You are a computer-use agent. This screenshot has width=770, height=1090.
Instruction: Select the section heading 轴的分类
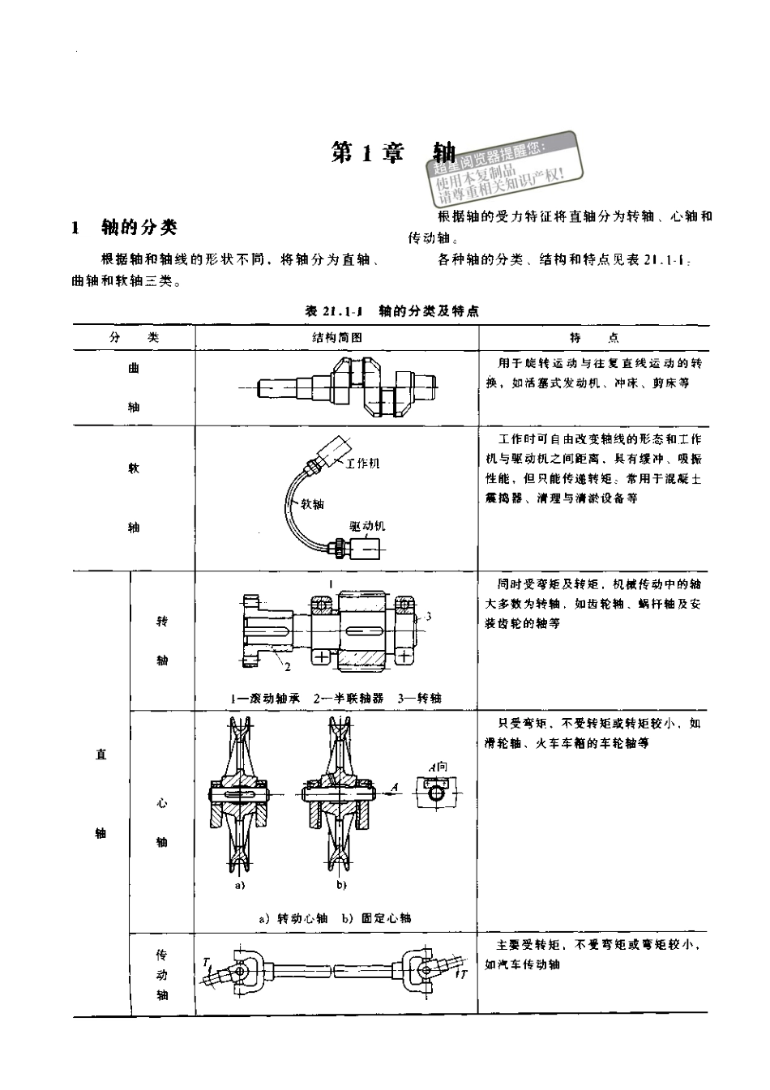tap(138, 228)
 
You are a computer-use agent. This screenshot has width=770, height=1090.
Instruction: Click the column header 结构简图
tap(336, 337)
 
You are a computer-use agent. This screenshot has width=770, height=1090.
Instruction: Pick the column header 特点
tap(593, 337)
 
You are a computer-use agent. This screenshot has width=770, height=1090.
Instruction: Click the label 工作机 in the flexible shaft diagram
tap(362, 464)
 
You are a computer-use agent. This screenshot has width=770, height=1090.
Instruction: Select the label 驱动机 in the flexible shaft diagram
tap(367, 526)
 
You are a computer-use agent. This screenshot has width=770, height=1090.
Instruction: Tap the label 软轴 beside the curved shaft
tap(312, 504)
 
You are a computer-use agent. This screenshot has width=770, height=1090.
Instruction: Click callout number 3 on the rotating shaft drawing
tap(428, 616)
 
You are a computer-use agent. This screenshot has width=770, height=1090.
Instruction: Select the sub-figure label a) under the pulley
tap(240, 886)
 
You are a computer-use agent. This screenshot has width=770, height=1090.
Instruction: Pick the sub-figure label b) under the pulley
tap(341, 886)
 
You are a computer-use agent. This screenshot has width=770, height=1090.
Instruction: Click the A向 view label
tap(438, 766)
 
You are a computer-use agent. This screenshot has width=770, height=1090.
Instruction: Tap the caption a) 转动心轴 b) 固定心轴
tap(335, 918)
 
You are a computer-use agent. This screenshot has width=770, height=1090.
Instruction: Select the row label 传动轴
tap(162, 975)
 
